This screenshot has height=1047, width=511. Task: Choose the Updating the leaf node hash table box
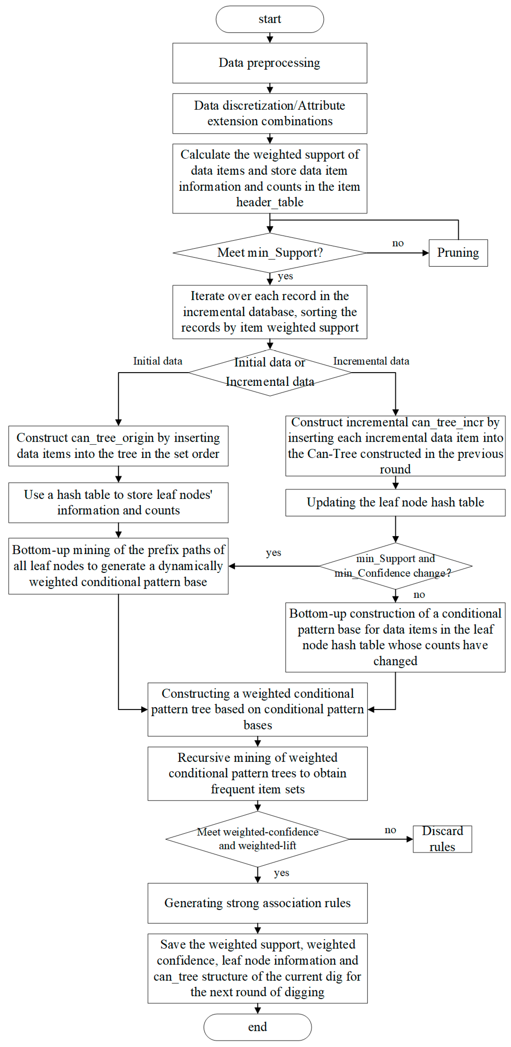[x=395, y=502]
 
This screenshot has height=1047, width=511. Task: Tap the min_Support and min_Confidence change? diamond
[x=395, y=566]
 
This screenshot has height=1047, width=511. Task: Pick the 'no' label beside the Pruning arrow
[x=397, y=243]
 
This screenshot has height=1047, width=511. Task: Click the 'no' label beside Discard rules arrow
[x=390, y=830]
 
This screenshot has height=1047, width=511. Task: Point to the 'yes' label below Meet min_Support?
[x=285, y=276]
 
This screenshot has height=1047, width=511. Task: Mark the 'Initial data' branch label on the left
[x=157, y=361]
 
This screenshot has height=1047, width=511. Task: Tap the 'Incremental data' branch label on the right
[x=371, y=361]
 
